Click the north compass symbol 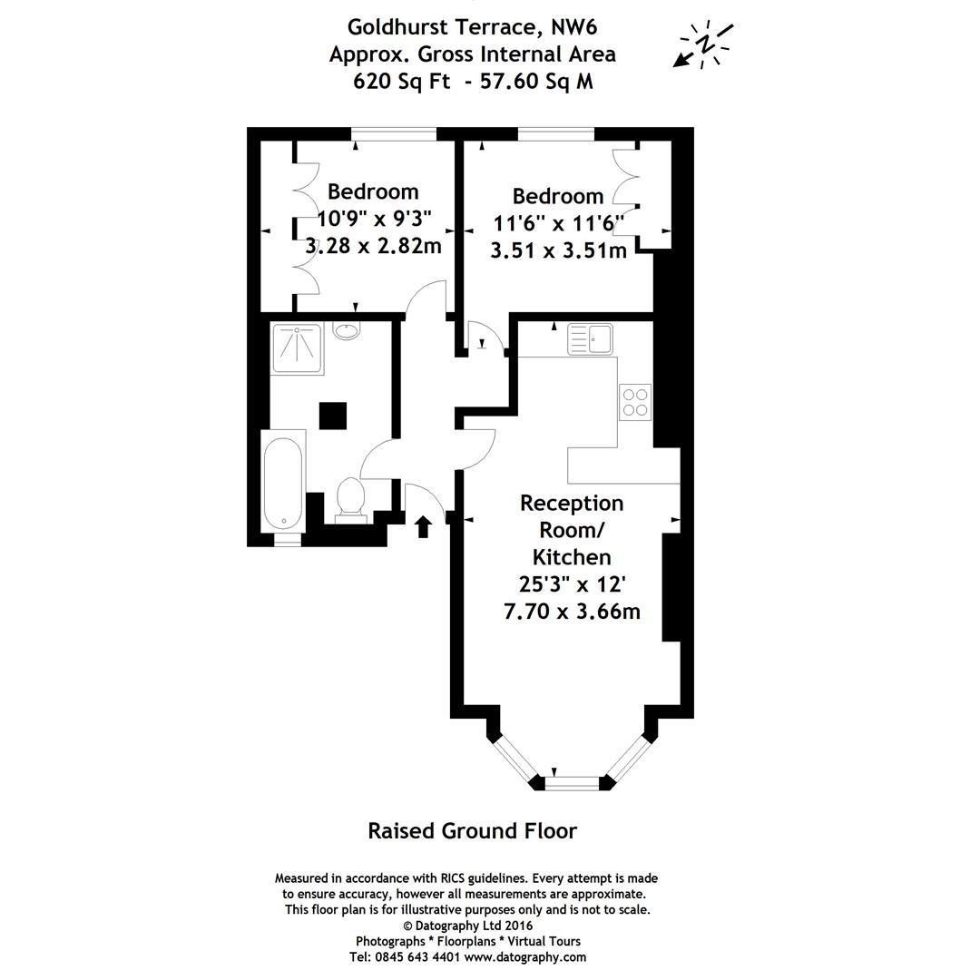[x=703, y=44]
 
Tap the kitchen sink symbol [x=590, y=340]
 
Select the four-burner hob [x=635, y=401]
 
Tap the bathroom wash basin [x=347, y=329]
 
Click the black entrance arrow [x=423, y=526]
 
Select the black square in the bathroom [x=332, y=416]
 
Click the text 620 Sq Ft [x=393, y=82]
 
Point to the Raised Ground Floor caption [x=472, y=830]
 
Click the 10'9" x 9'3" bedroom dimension [x=374, y=219]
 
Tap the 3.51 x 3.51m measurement [x=558, y=250]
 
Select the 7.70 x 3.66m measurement [x=571, y=612]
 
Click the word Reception [x=571, y=503]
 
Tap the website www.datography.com [x=524, y=956]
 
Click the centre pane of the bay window [x=573, y=782]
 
